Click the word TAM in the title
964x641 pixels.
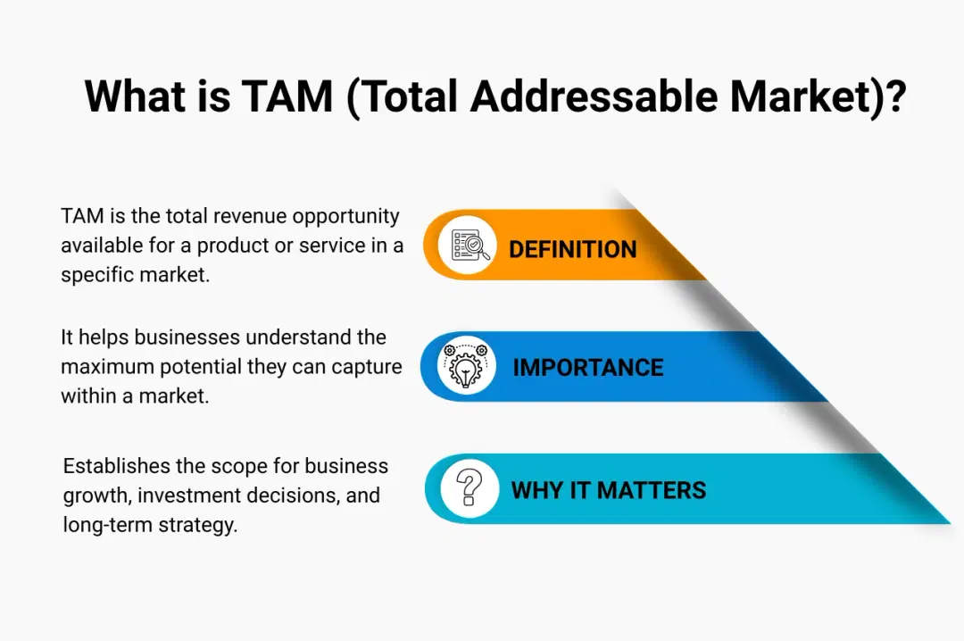(x=287, y=96)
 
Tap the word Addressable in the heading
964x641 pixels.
(x=594, y=96)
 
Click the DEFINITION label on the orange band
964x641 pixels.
(x=572, y=249)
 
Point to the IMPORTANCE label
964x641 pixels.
(x=587, y=367)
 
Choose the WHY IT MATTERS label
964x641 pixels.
(x=609, y=490)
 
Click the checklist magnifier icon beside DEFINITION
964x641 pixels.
(x=470, y=245)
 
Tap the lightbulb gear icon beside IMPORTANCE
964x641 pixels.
(x=466, y=365)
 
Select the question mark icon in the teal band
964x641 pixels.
(x=470, y=487)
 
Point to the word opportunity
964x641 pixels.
(x=346, y=217)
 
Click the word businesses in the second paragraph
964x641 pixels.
(x=187, y=337)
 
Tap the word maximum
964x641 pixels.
(x=108, y=366)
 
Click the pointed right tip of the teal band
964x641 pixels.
(x=949, y=523)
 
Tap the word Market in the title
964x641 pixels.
(x=801, y=96)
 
